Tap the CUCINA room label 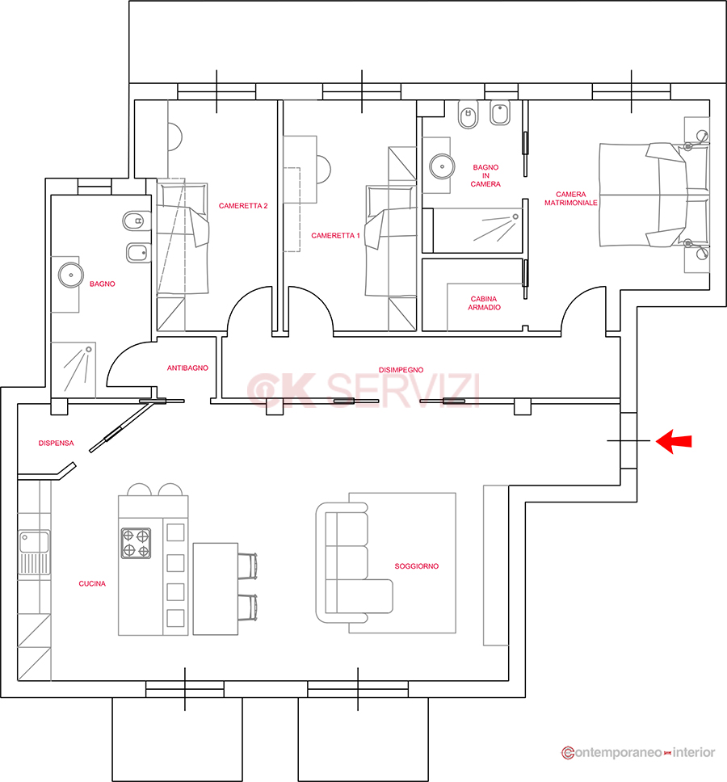(92, 583)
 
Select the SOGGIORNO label (416, 566)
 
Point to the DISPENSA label (56, 443)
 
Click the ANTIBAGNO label (187, 368)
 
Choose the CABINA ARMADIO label (484, 303)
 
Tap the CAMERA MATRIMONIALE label (571, 199)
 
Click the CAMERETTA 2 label (243, 205)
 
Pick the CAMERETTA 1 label (335, 235)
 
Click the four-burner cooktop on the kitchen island (137, 544)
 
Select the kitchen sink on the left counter (35, 553)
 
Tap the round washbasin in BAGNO (71, 275)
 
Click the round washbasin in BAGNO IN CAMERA (443, 166)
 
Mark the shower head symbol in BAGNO (89, 350)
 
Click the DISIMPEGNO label (401, 370)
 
